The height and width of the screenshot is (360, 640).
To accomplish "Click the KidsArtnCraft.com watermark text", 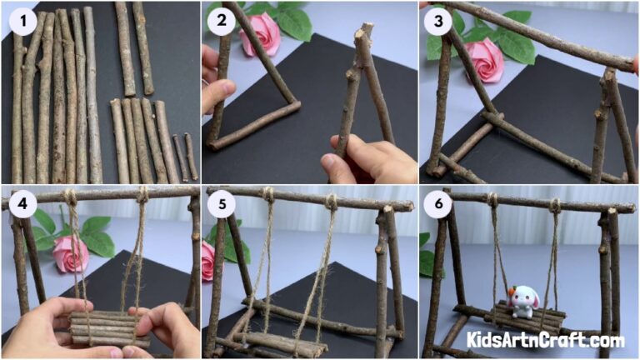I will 545,340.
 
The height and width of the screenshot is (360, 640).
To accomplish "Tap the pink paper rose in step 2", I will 260,33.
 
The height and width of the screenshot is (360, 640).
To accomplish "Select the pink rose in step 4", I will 71,254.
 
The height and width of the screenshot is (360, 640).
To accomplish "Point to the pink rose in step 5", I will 207,260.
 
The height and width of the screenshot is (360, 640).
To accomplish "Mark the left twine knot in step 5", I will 268,197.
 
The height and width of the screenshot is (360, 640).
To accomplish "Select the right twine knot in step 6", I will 555,205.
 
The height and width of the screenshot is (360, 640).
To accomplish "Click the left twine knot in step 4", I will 70,198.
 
